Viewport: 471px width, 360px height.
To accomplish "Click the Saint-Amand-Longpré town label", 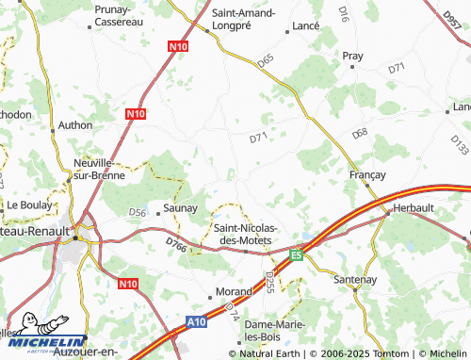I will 243,20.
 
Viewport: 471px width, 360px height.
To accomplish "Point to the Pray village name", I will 352,57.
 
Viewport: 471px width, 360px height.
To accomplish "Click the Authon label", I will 74,123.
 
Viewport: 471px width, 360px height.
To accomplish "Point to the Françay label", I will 368,174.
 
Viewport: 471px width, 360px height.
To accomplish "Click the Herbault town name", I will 412,208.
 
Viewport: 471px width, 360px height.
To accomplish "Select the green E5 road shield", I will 296,254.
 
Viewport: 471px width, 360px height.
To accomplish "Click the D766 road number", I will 176,247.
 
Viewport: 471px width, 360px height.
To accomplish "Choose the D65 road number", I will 266,60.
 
